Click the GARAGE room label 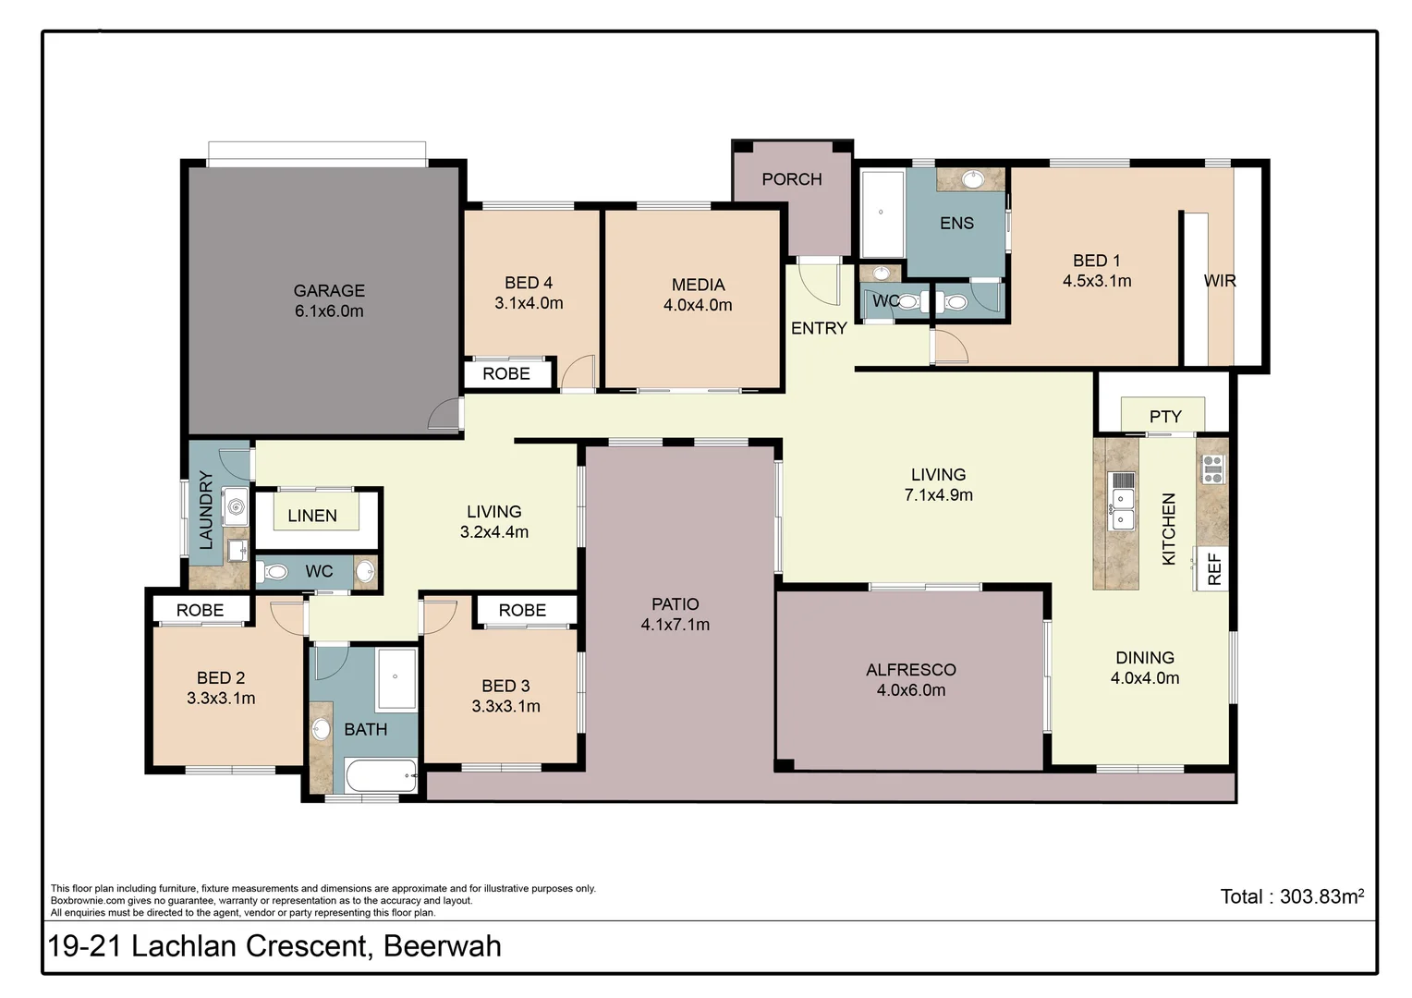[x=329, y=290]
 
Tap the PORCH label [x=791, y=179]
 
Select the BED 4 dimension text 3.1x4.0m [x=529, y=303]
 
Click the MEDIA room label [x=698, y=285]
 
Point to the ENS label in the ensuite [x=956, y=223]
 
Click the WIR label [x=1219, y=281]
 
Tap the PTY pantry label [x=1165, y=417]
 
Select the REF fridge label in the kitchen [x=1214, y=568]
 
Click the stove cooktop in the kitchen [x=1212, y=469]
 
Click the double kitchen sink [x=1122, y=509]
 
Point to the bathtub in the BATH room [x=382, y=776]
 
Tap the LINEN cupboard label [x=312, y=516]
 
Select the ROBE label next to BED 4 [x=506, y=373]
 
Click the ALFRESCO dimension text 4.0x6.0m [x=910, y=690]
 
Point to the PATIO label [x=675, y=604]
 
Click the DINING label [x=1144, y=658]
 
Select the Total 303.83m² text [x=1291, y=896]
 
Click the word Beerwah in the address [x=442, y=946]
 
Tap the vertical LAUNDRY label [x=206, y=510]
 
